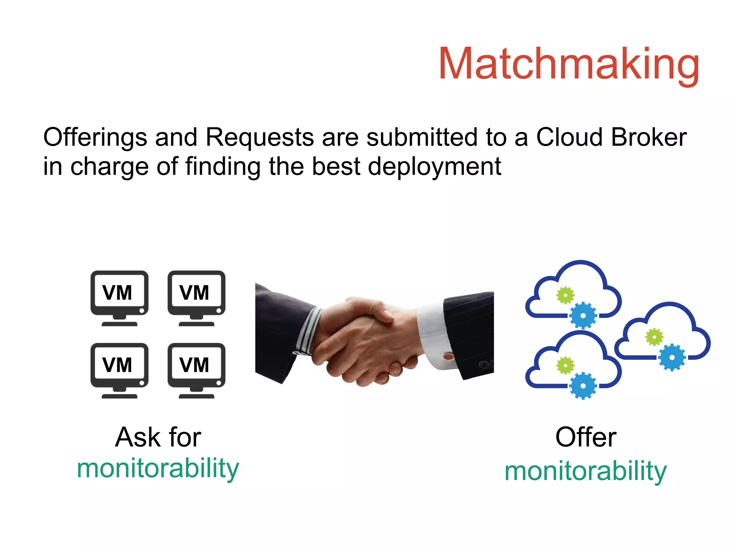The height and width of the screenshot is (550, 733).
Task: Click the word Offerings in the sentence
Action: [x=95, y=137]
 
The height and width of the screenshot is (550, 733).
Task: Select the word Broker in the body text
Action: [x=649, y=137]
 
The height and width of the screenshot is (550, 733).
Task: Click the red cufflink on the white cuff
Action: [x=448, y=356]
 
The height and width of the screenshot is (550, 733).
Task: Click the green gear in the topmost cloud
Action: [x=565, y=295]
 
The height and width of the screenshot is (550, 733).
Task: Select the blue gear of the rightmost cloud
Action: [x=671, y=357]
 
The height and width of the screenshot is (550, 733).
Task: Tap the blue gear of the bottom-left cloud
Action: [x=583, y=385]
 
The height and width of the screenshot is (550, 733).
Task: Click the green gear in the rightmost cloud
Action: [x=654, y=337]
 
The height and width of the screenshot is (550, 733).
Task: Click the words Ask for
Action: [x=158, y=437]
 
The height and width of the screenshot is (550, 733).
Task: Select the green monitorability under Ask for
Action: [x=158, y=468]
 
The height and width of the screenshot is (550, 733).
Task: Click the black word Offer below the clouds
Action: [x=586, y=437]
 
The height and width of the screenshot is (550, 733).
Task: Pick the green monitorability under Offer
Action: [x=586, y=471]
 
